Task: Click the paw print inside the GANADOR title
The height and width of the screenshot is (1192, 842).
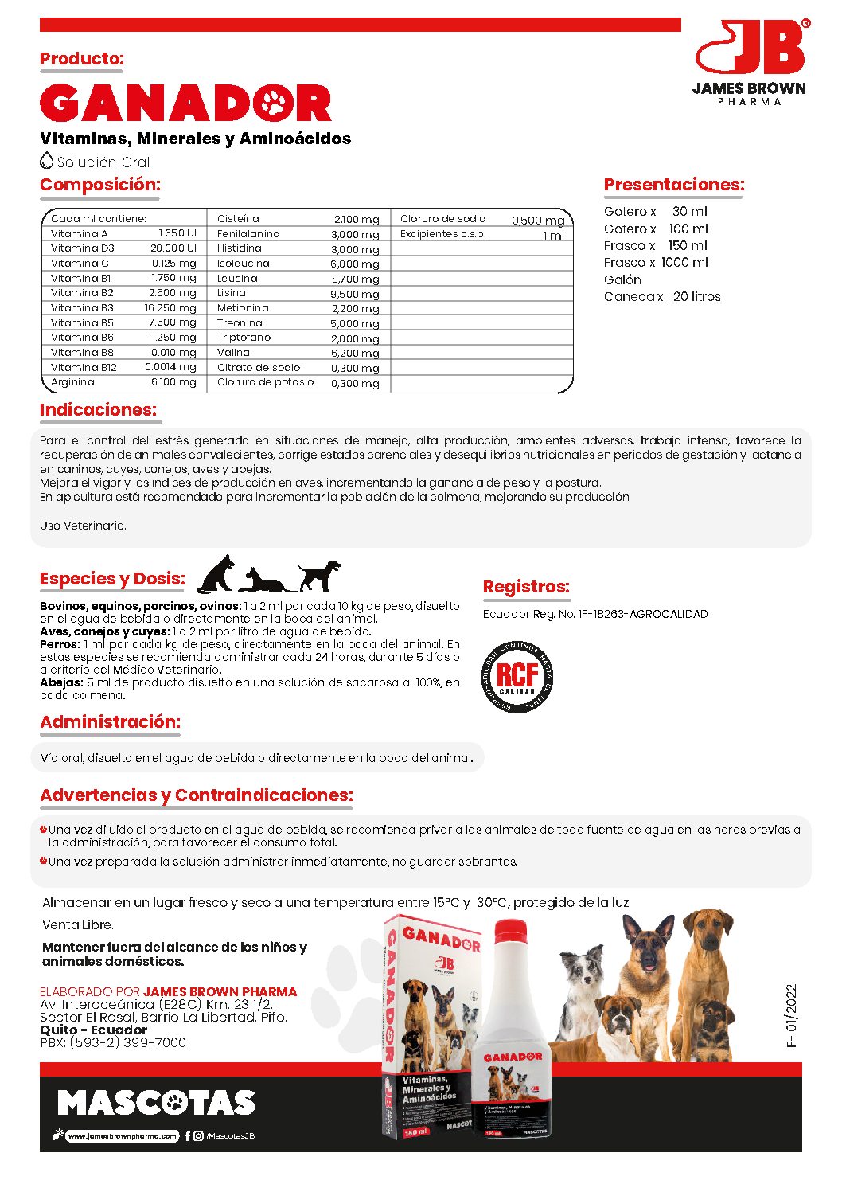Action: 275,103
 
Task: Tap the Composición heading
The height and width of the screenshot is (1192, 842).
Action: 99,185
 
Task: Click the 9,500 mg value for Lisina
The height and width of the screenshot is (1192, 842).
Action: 355,294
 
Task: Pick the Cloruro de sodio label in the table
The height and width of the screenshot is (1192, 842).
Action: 442,219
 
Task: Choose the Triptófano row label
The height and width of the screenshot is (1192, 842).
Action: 244,338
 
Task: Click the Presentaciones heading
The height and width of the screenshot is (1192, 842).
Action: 673,185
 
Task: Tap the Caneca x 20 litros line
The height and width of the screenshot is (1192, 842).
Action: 662,297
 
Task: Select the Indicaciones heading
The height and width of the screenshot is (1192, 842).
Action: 98,410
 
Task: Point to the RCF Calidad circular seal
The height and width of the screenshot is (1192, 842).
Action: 517,677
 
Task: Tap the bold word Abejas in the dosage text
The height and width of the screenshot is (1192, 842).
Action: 61,682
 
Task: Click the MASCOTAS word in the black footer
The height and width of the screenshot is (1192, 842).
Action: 156,1103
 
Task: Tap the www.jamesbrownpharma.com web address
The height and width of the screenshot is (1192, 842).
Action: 122,1136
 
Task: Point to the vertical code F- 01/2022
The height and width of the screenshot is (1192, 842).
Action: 791,1016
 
